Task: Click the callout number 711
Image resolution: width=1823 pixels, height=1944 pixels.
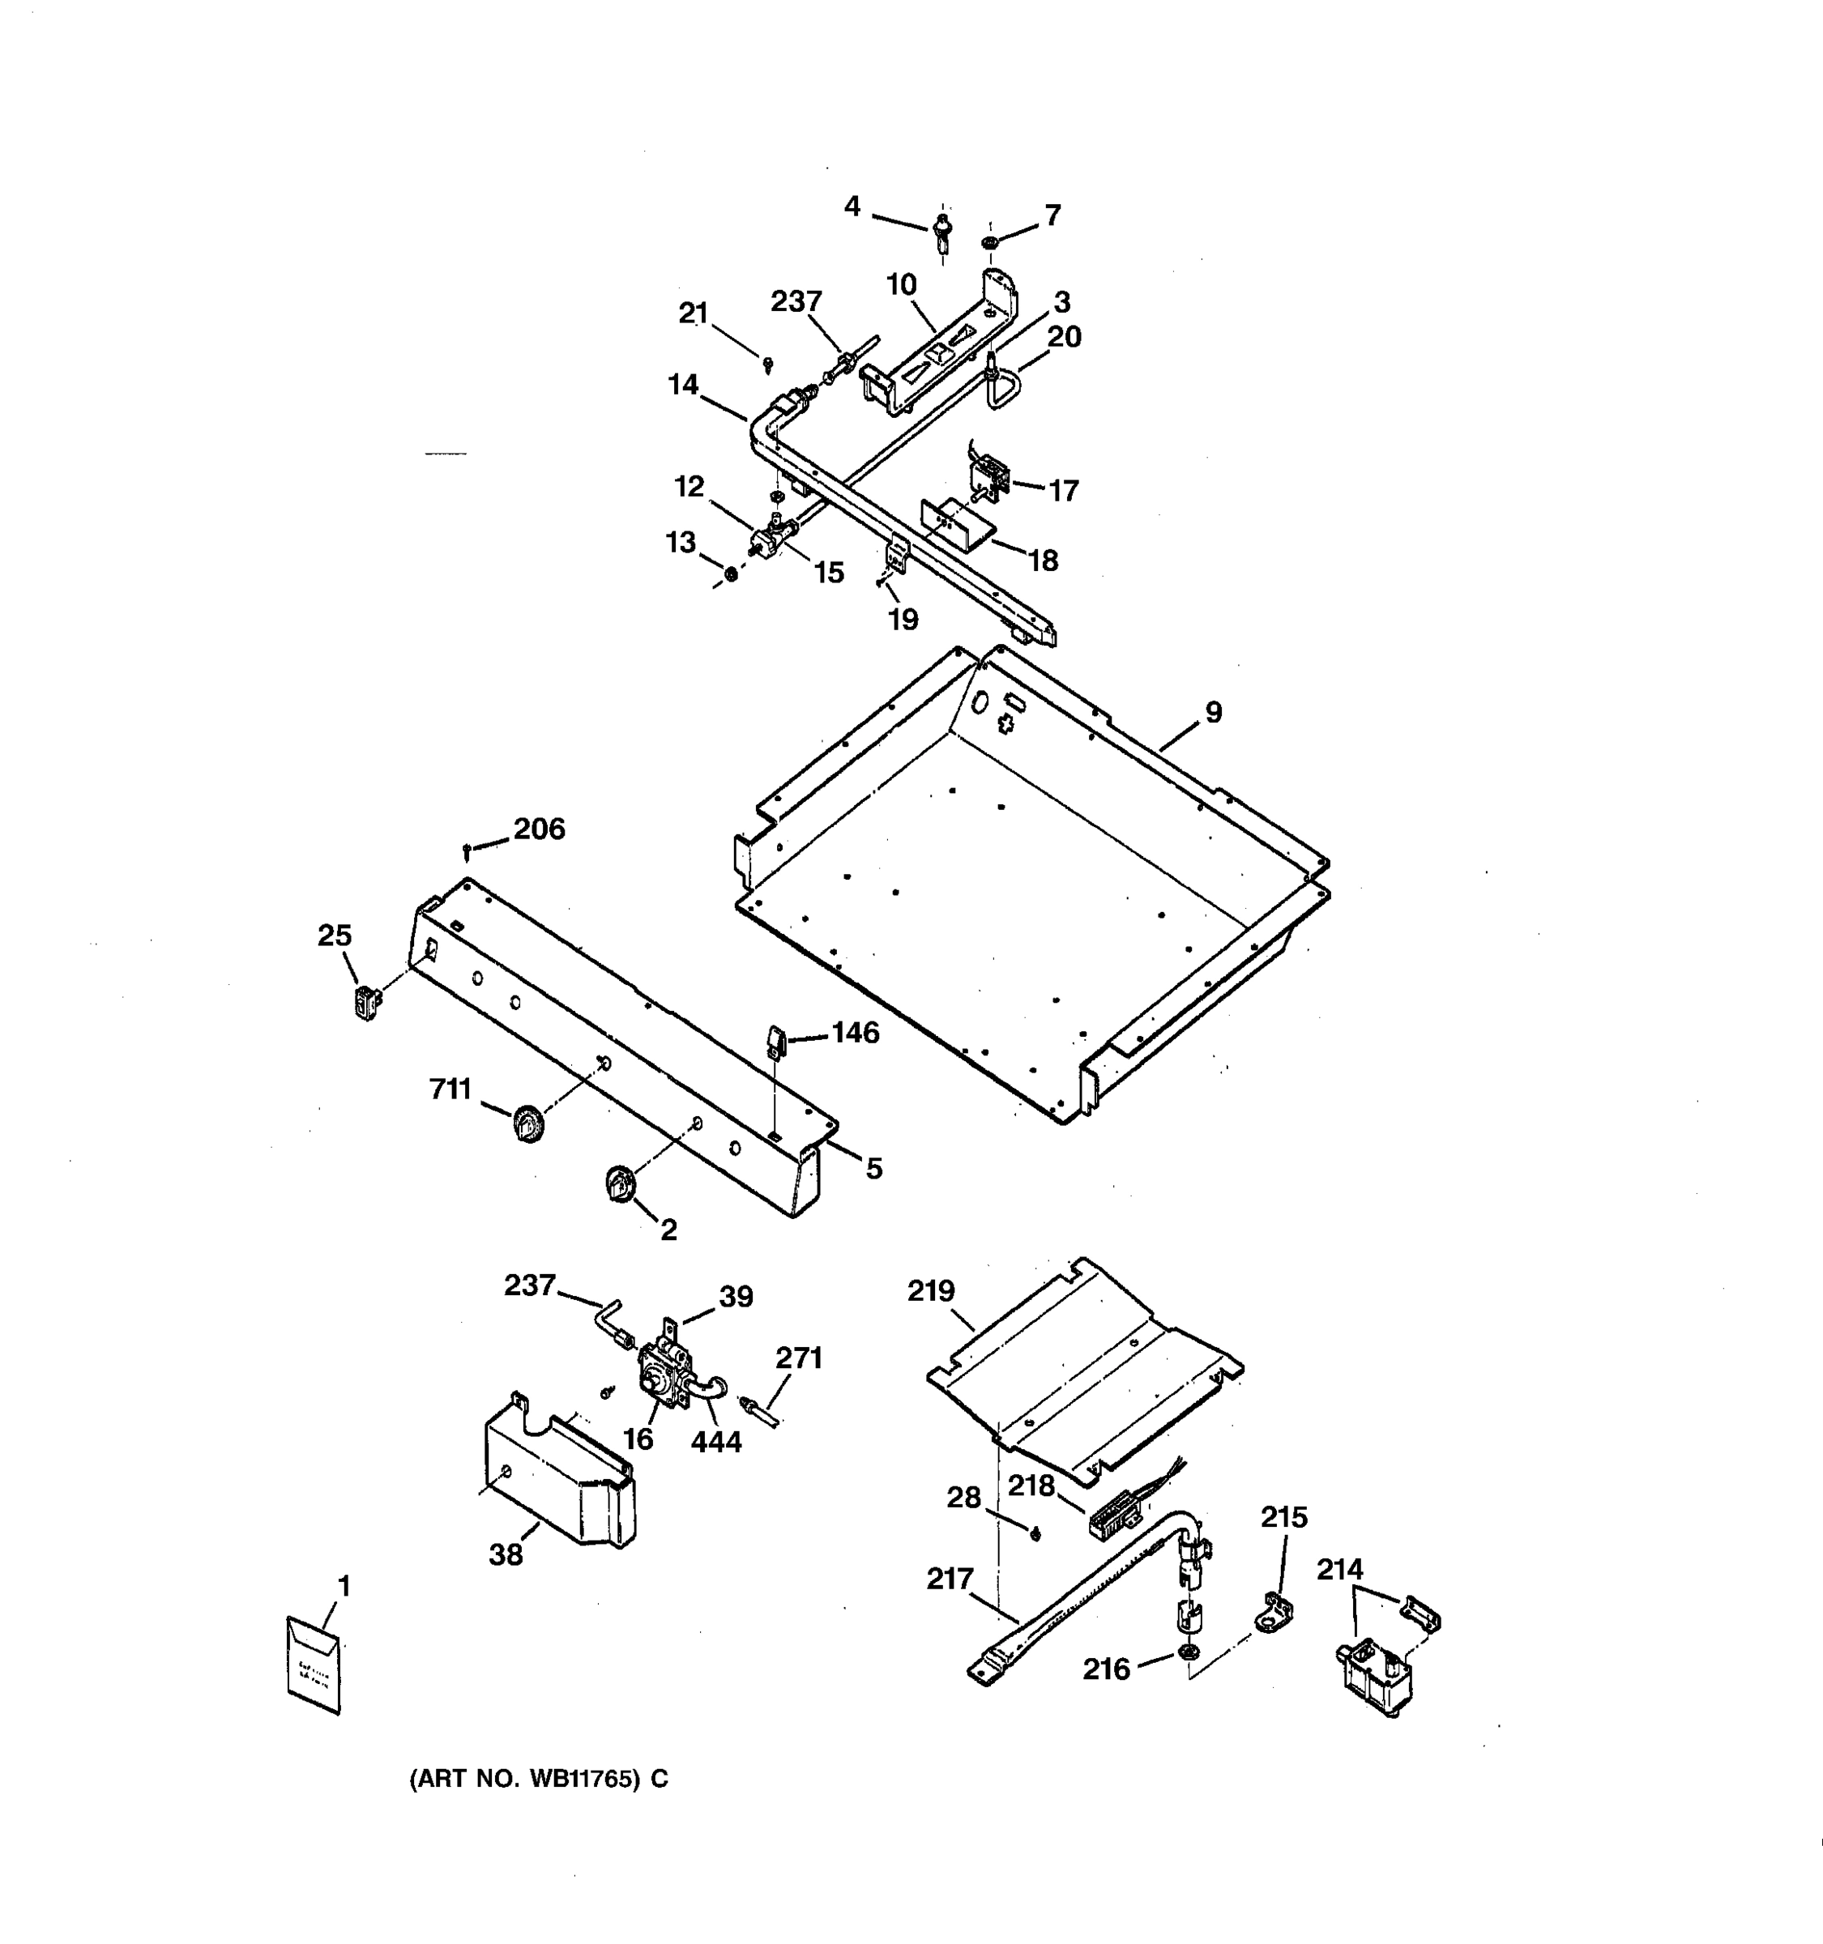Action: tap(450, 1089)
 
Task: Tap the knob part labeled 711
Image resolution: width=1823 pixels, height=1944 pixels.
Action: tap(529, 1123)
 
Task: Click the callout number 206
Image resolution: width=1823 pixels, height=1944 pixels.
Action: tap(539, 829)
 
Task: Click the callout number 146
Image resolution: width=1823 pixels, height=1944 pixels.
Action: tap(855, 1033)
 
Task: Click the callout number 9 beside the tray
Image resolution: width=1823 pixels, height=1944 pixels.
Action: tap(1213, 713)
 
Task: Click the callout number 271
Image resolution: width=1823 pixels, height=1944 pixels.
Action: tap(799, 1358)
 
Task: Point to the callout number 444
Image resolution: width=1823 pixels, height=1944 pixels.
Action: tap(716, 1441)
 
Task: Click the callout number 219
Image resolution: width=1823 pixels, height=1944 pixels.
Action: tap(930, 1292)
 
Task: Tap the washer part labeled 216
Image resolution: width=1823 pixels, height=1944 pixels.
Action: tap(1187, 1652)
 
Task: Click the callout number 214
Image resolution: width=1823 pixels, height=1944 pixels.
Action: tap(1338, 1570)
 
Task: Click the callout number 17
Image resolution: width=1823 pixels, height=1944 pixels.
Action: tap(1063, 490)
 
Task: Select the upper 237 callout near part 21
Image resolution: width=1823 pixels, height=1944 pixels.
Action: tap(796, 301)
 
